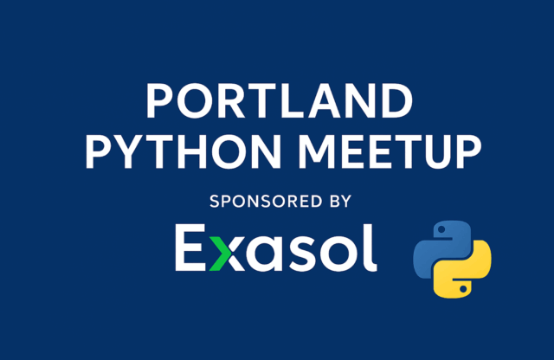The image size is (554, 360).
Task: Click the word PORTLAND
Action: point(279,101)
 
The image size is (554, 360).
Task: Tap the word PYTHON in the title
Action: point(183,151)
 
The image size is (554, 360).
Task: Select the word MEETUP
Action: point(390,151)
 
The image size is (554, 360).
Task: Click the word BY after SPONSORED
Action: point(340,202)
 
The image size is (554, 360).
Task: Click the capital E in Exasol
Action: point(191,247)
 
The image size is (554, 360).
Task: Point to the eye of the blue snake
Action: point(441,230)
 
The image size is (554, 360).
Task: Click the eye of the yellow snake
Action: point(463,289)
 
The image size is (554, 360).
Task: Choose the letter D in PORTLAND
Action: point(396,101)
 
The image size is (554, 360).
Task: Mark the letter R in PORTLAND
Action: point(231,101)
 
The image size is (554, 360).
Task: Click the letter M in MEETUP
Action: point(317,151)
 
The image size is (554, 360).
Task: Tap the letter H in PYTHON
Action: point(192,151)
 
